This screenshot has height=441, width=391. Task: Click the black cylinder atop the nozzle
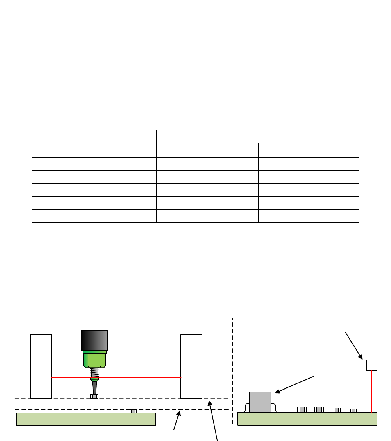[94, 340]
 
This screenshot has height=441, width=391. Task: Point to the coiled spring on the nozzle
[94, 373]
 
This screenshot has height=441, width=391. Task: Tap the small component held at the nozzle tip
[94, 397]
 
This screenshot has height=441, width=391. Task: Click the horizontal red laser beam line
[138, 377]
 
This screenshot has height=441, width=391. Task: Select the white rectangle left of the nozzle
[41, 366]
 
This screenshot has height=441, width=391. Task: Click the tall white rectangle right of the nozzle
[191, 366]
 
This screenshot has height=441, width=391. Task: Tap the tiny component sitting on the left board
[133, 411]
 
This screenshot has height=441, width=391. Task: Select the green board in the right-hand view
[308, 419]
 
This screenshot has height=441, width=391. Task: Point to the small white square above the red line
[372, 365]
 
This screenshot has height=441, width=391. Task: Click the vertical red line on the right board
[372, 391]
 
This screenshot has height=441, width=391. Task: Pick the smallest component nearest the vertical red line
[353, 410]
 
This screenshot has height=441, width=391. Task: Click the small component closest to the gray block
[301, 409]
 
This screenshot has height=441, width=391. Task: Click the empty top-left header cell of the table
[94, 143]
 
